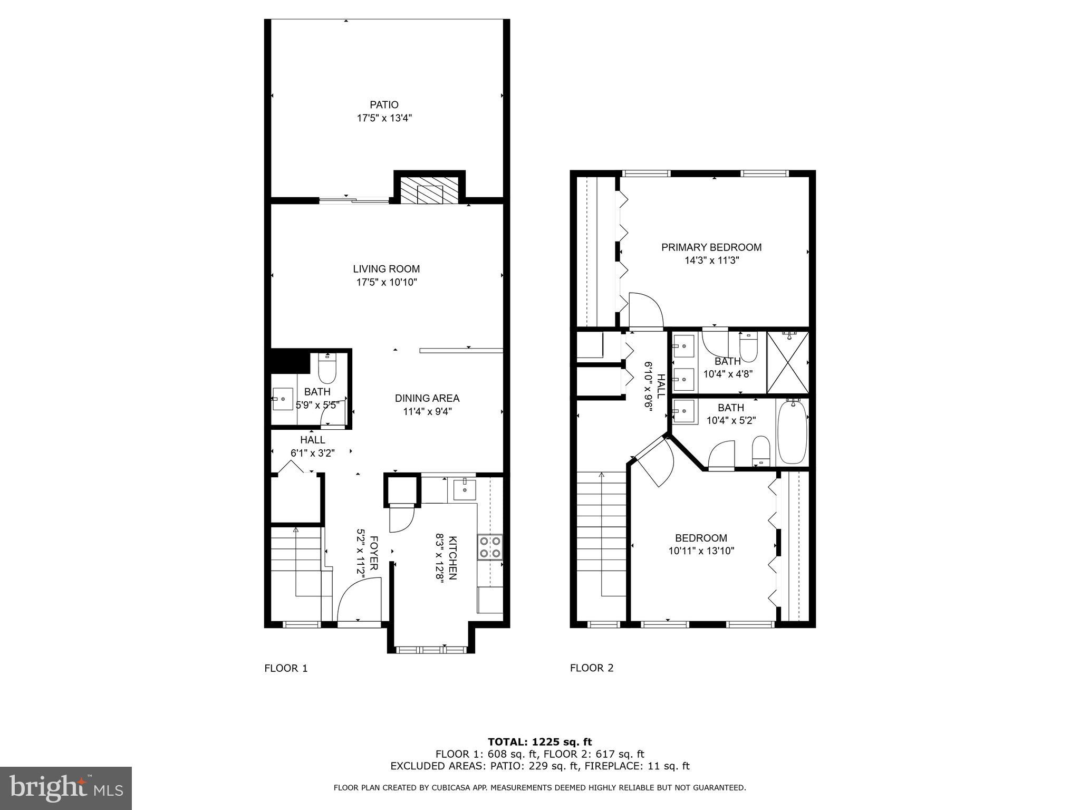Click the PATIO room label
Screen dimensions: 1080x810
coord(384,105)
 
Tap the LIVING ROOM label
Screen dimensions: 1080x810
coord(387,269)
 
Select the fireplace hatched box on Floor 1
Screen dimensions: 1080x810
coord(430,190)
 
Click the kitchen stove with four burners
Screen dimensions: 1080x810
coord(489,547)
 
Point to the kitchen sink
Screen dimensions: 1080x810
coord(464,489)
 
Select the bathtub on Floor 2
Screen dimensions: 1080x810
coord(792,431)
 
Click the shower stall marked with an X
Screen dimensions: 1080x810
coord(787,362)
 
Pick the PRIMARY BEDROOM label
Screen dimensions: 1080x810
coord(711,247)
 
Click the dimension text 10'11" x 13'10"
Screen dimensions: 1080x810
coord(701,551)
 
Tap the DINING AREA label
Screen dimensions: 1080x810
coord(427,398)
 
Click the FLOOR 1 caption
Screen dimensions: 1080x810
coord(286,668)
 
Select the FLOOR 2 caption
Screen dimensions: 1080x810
coord(592,668)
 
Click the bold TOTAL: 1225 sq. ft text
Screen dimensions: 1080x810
coord(540,742)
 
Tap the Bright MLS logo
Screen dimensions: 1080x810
coord(66,788)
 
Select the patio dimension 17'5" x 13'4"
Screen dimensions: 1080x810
coord(384,118)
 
